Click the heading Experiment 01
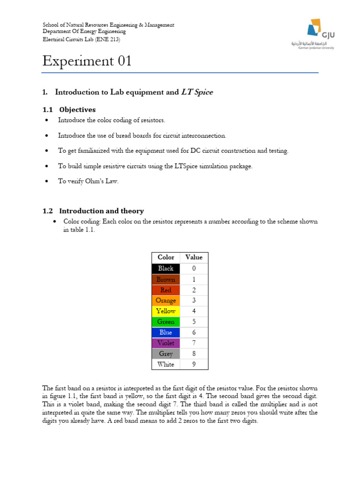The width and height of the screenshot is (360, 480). [x=87, y=61]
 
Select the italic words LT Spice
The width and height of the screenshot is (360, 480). [x=197, y=92]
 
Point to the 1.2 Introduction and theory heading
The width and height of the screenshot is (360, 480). [x=93, y=211]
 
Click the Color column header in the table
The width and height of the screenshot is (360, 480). [x=166, y=257]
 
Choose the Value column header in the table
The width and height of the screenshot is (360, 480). [x=194, y=257]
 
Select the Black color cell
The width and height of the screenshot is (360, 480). [x=166, y=269]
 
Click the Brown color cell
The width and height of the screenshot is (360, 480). [x=166, y=279]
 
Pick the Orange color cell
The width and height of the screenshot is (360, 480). [x=166, y=300]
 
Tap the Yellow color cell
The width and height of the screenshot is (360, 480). [x=166, y=311]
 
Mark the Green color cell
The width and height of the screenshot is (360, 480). [x=166, y=322]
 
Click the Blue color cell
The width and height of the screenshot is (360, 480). [x=166, y=332]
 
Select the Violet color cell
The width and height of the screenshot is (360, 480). [x=166, y=343]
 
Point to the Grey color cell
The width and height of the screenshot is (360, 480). [x=166, y=354]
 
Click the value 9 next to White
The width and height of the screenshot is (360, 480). [x=194, y=365]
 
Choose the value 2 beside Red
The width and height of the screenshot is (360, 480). [x=194, y=290]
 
